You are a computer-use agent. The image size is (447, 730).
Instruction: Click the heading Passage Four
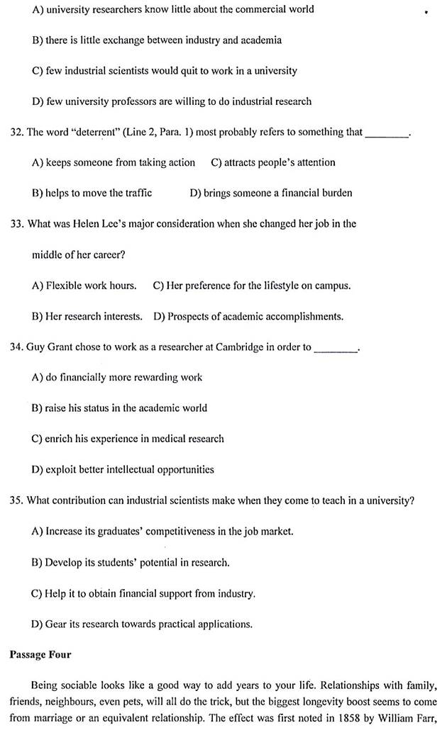pos(40,654)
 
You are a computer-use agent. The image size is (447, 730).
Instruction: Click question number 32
pos(16,132)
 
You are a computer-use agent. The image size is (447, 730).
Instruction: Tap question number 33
pos(16,223)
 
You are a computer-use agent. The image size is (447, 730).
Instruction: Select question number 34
pos(16,347)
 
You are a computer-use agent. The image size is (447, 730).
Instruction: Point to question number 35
pos(16,500)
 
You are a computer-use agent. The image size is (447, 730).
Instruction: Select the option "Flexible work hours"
pos(84,286)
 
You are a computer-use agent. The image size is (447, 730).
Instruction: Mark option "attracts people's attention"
pos(273,162)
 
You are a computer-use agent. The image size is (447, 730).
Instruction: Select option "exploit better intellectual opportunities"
pos(123,469)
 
